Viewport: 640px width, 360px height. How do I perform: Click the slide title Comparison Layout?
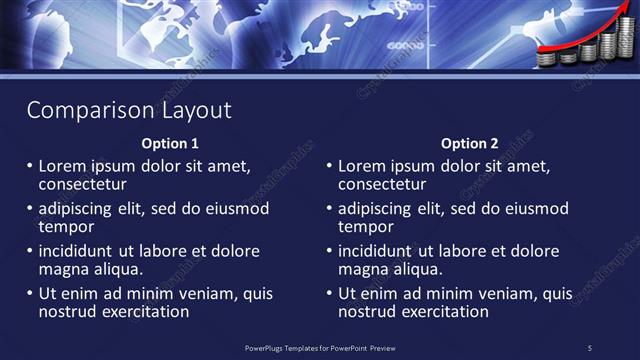128,110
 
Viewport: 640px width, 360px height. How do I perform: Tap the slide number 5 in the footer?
589,347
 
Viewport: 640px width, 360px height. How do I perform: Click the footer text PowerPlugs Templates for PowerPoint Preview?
319,347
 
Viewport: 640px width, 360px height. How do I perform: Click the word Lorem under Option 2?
363,166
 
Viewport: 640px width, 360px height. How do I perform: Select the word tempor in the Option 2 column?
365,227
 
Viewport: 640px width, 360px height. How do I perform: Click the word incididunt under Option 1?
81,251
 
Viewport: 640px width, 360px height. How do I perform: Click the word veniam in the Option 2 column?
500,294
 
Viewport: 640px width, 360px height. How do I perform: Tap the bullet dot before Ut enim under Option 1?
30,294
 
